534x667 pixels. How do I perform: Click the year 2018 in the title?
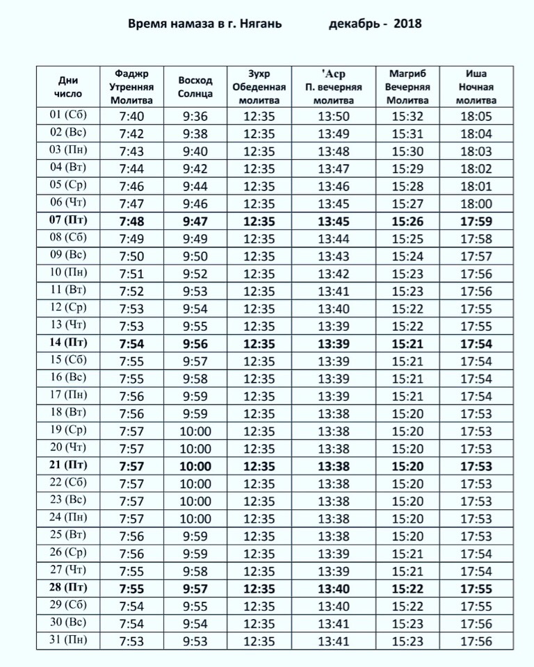click(407, 24)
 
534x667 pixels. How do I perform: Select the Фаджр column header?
click(132, 86)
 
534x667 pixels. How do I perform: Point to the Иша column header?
click(476, 86)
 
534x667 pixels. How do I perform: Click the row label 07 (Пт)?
click(67, 221)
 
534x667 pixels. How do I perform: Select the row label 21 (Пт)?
click(67, 466)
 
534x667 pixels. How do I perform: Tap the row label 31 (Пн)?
click(67, 640)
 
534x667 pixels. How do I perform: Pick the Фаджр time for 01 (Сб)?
click(132, 116)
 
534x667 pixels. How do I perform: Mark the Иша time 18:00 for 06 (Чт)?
click(476, 204)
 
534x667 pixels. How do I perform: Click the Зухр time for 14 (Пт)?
click(259, 343)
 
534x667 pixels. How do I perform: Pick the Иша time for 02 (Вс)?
click(476, 133)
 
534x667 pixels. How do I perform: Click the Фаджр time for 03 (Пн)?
click(132, 151)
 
